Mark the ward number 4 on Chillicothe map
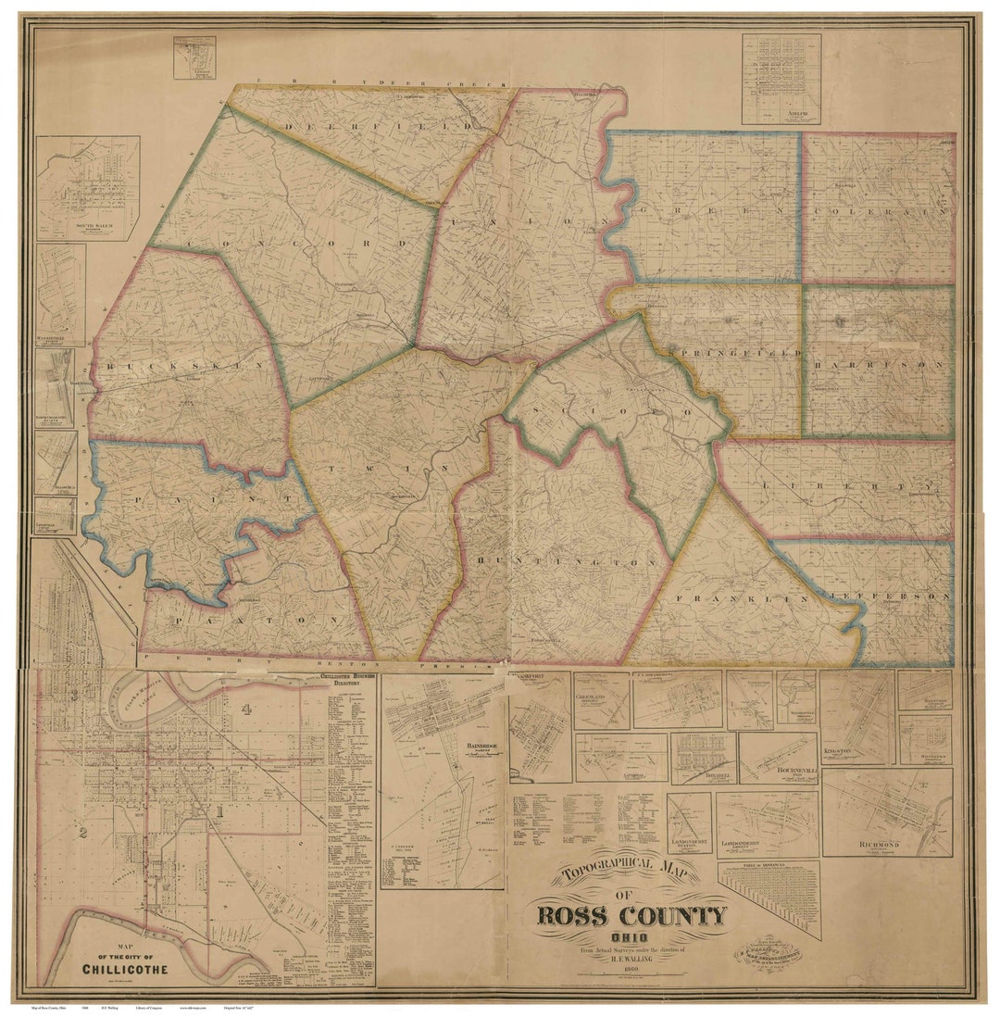tap(246, 710)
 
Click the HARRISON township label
tap(880, 365)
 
